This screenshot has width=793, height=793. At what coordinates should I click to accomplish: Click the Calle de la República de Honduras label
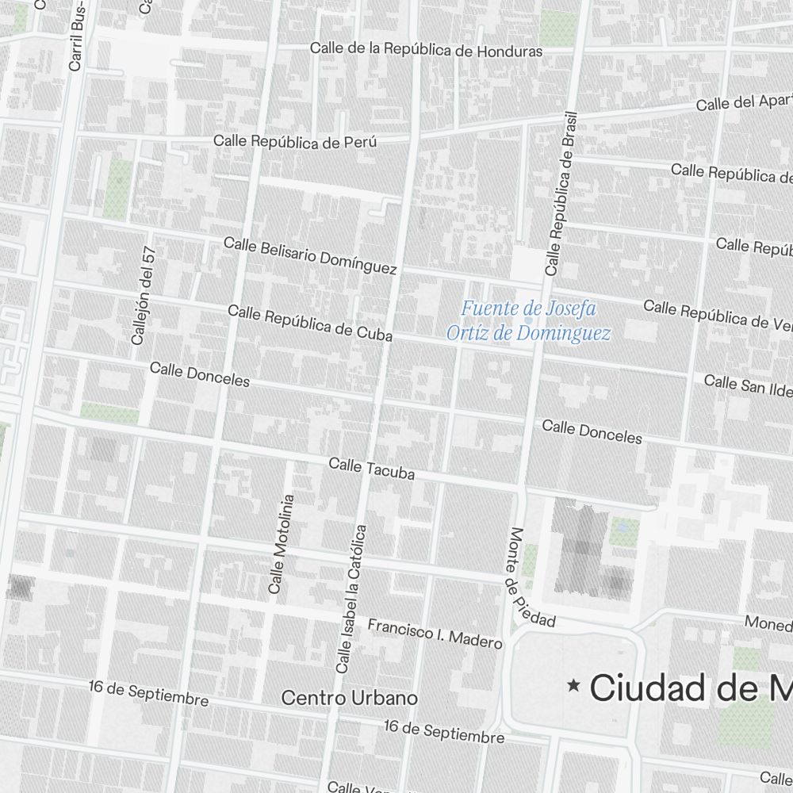coord(426,50)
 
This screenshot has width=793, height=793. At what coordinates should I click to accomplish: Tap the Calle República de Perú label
coord(294,142)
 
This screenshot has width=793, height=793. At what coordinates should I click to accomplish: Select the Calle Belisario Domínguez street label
coord(310,255)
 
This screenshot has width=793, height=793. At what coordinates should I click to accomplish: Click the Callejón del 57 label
coord(144,295)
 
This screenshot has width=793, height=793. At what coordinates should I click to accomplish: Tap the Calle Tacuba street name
coord(371,469)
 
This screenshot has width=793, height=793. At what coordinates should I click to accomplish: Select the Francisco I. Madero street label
coord(435,634)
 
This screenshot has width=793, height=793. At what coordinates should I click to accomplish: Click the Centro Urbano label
coord(349,698)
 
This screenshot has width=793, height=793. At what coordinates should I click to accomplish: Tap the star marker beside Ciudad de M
coord(573,685)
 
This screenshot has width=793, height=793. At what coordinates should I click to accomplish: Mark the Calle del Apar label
coord(744,102)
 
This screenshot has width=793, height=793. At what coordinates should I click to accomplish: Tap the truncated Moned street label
coord(768,623)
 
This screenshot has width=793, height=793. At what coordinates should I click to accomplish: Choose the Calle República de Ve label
coord(717,313)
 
